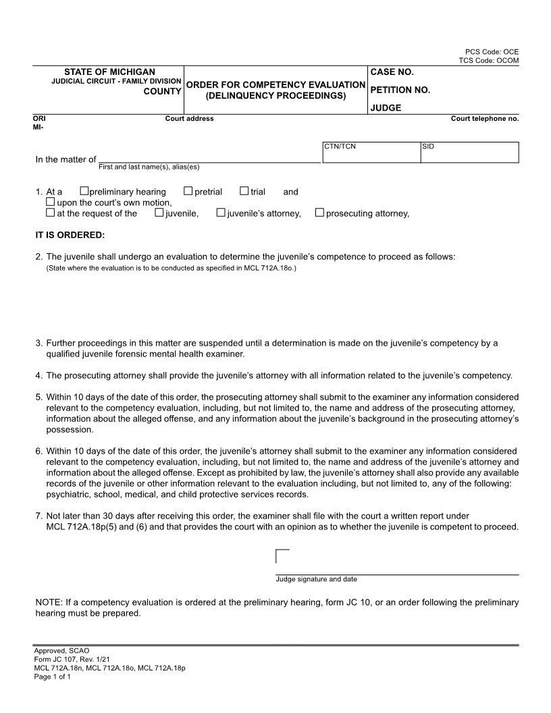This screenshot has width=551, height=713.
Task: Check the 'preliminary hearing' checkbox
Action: [84, 192]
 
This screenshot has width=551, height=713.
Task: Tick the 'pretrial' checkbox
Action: [188, 192]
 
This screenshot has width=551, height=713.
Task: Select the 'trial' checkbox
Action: [244, 192]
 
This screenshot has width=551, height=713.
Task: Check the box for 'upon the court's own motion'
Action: [51, 202]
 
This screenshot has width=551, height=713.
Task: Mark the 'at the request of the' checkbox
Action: [51, 213]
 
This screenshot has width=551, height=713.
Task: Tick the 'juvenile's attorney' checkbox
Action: [221, 213]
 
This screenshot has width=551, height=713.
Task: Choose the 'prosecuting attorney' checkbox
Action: [320, 213]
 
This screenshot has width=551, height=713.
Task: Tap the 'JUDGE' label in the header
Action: [386, 107]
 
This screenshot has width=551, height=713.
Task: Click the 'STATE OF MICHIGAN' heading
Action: [109, 72]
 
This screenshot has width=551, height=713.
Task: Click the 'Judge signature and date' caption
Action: [316, 579]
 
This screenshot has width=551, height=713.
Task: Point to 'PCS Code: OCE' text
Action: [492, 52]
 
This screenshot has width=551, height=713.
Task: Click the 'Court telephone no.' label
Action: [485, 119]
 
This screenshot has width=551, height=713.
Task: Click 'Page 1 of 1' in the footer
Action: [53, 676]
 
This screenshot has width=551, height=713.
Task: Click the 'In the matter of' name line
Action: [209, 159]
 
